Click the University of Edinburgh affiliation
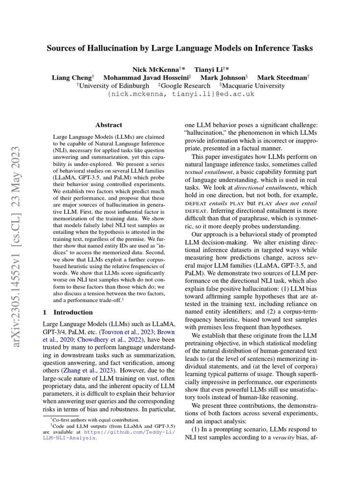[x=114, y=86]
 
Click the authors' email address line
[x=180, y=94]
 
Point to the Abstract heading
[x=109, y=125]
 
